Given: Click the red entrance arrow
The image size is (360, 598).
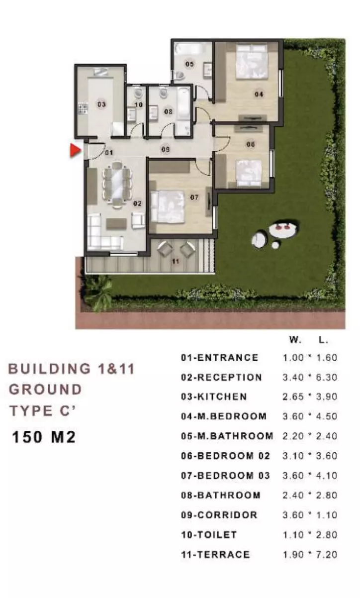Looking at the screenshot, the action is [75, 150].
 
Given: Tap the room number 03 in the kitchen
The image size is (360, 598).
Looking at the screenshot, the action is [101, 104].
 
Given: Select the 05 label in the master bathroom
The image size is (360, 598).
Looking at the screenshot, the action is [189, 64].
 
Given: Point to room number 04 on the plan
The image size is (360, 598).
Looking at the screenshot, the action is [259, 94].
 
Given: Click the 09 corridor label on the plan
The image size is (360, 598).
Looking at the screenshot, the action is [166, 149].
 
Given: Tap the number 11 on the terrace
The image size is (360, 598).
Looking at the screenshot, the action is [176, 261].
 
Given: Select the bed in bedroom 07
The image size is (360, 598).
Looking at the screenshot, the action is [168, 206].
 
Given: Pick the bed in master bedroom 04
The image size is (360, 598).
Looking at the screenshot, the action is [252, 61].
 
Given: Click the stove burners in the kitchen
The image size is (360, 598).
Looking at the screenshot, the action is [83, 108].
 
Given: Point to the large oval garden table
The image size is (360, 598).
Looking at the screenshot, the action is [283, 229].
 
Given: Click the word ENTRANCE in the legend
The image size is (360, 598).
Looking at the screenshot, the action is [228, 358].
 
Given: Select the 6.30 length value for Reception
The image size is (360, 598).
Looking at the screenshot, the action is [327, 377].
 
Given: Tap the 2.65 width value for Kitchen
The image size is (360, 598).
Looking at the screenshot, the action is [293, 397].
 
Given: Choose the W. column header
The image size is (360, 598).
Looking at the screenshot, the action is [295, 340].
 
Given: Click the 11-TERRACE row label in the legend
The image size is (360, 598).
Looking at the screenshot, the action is [215, 555].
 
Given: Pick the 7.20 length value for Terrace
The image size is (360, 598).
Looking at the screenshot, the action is [327, 555].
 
